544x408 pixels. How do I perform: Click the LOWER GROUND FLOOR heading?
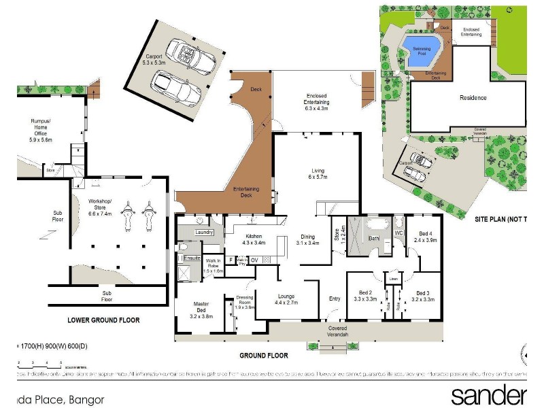click(x=103, y=320)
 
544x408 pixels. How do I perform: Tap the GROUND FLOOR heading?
click(x=264, y=356)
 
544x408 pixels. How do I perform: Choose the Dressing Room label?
click(x=244, y=302)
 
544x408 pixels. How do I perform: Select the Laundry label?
click(x=205, y=233)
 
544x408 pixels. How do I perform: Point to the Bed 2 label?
click(x=366, y=296)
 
